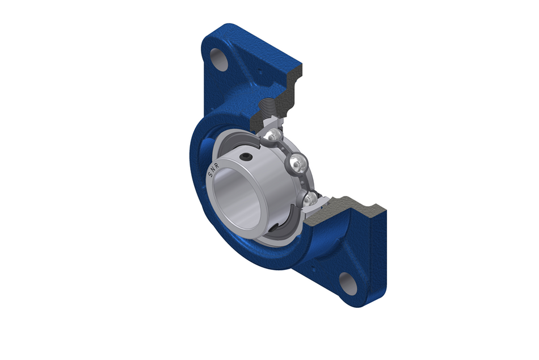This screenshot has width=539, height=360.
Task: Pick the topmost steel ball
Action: coord(273,135)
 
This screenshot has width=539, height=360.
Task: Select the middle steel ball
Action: coord(296,165)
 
